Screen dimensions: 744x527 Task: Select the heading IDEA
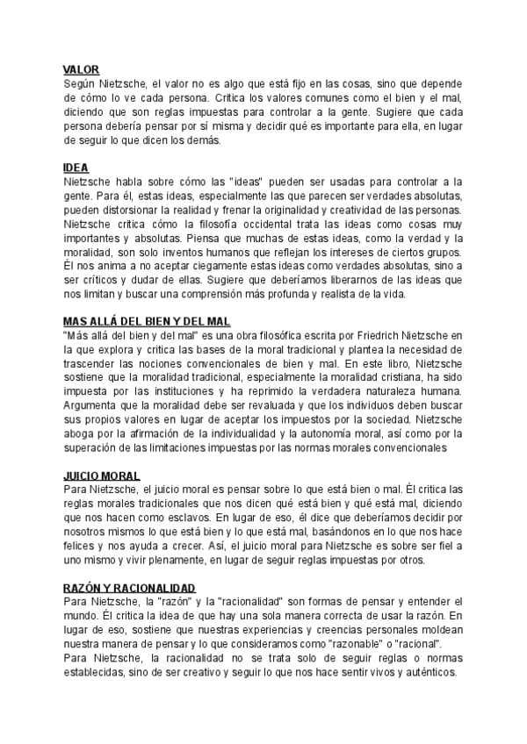(x=76, y=167)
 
